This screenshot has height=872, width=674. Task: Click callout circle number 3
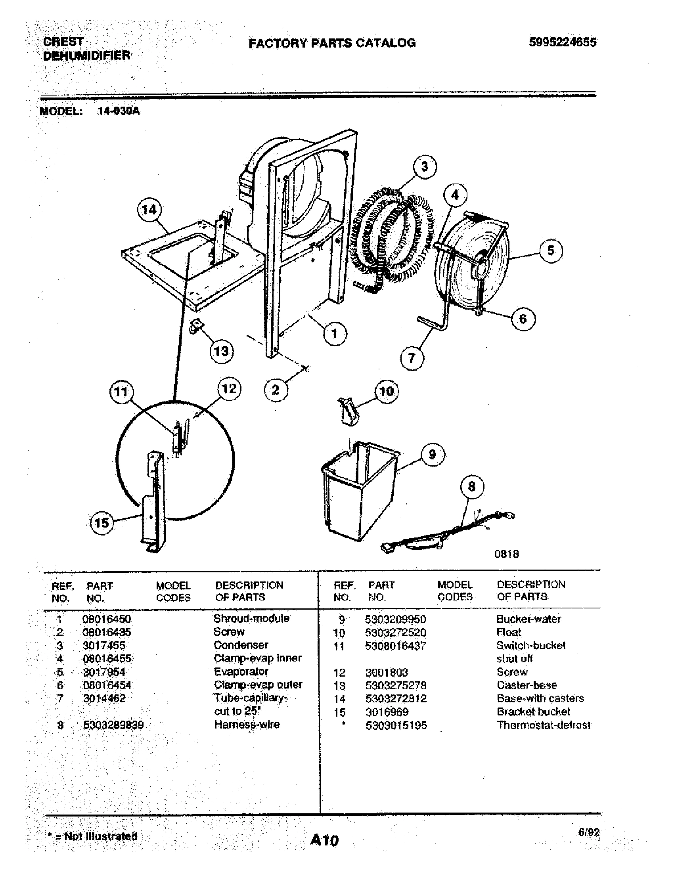pos(425,166)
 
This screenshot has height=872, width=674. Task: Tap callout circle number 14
pos(149,209)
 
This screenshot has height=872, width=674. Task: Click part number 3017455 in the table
pos(104,645)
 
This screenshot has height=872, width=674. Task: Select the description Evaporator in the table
pos(241,671)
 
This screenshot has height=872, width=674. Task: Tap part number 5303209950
pos(395,619)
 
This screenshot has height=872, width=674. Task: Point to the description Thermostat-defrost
pos(543,725)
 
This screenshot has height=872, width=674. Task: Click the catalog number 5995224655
pos(562,42)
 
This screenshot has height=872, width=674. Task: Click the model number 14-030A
pos(119,111)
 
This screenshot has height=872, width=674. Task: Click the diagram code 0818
pos(506,554)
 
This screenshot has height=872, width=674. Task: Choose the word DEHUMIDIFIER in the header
pos(86,55)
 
